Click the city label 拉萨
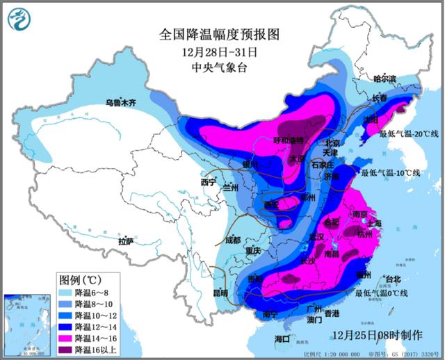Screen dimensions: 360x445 click(126, 241)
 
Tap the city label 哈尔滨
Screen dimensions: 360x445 click(388, 80)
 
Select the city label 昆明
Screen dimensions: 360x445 click(220, 293)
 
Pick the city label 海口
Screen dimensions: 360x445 click(282, 338)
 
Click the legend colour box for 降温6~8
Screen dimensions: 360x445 click(66, 291)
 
